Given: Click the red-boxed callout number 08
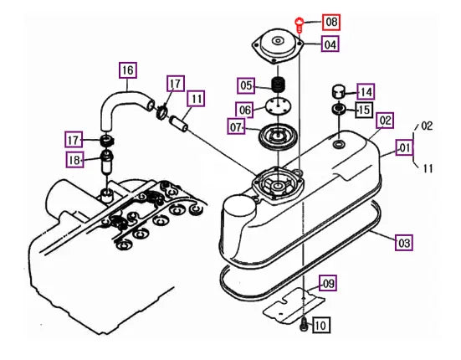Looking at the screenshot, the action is click(331, 22).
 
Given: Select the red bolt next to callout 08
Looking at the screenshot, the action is click(299, 25).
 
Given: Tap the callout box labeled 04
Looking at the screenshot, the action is click(330, 44).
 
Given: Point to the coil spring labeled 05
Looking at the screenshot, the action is click(278, 84).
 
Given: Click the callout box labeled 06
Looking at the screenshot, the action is click(244, 110).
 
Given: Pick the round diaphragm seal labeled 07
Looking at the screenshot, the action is click(278, 136).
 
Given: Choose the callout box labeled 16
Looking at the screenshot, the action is click(128, 70).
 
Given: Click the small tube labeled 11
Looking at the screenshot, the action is click(178, 124).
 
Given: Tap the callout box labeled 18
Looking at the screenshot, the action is click(74, 160).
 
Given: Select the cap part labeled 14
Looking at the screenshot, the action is click(339, 92).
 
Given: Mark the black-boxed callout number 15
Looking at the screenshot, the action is click(364, 110).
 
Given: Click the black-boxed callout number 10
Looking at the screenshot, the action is click(320, 325).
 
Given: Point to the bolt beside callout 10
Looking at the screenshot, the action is click(304, 326).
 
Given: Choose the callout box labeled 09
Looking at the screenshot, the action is click(328, 283).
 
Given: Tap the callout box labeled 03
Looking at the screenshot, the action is click(404, 243).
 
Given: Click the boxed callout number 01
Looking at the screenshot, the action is click(405, 147).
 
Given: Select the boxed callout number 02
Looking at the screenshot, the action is click(386, 121).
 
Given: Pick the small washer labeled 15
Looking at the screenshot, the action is click(339, 110).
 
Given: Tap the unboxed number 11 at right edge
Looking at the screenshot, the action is click(428, 168).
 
